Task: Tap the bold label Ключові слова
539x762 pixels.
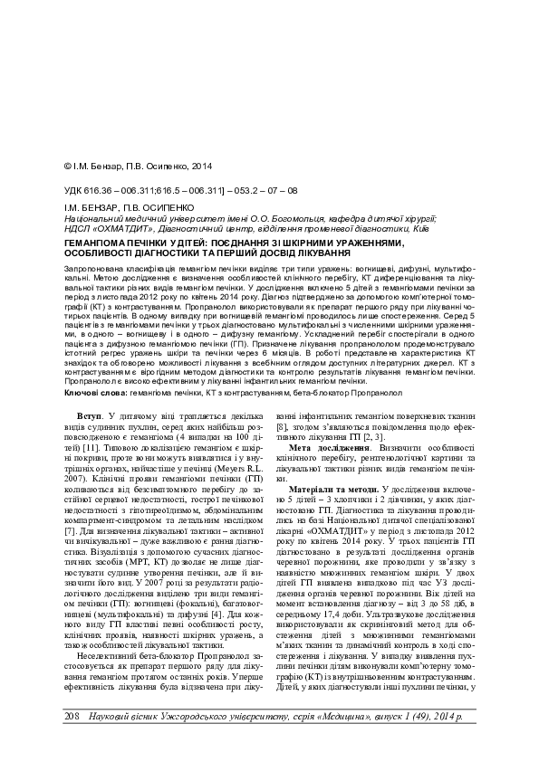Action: point(94,395)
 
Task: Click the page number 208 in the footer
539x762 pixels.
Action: point(73,717)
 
